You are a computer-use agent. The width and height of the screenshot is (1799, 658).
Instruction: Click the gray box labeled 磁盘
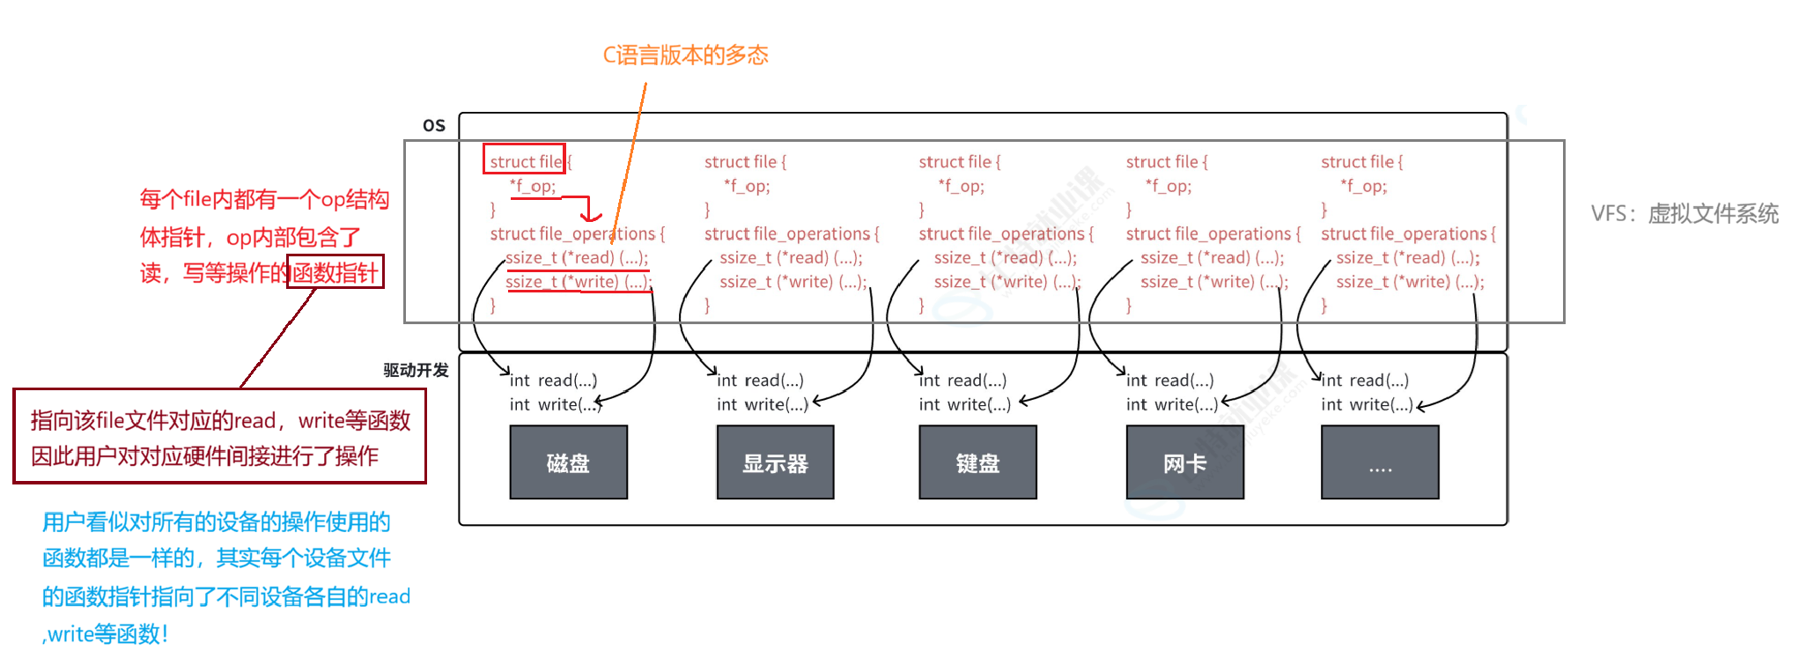568,462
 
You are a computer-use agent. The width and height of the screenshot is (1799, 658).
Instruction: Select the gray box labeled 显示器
775,462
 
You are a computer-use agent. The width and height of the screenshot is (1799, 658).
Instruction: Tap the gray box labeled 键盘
977,462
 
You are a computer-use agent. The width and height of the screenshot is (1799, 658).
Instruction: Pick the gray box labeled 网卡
1184,462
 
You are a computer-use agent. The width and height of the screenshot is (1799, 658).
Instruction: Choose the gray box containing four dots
1380,462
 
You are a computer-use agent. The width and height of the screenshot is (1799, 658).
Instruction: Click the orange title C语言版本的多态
685,55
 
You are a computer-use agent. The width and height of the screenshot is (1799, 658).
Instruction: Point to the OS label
434,125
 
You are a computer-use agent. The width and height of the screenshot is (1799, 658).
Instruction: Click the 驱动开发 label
416,370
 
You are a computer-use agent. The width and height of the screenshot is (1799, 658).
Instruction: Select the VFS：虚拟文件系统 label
1685,214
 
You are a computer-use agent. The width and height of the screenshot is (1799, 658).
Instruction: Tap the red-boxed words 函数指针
335,272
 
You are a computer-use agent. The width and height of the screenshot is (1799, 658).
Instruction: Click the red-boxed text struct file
525,160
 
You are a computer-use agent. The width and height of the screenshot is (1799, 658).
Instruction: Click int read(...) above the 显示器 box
760,381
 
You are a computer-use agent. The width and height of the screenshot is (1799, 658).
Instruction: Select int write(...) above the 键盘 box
964,404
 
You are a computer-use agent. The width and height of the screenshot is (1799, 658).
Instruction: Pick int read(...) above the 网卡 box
1169,381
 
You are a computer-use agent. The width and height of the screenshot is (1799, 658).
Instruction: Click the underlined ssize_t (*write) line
578,282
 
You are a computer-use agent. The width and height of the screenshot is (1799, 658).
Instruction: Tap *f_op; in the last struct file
1363,186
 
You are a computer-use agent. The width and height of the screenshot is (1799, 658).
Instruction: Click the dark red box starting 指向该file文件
219,437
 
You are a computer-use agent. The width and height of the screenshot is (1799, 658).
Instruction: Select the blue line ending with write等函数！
106,633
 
